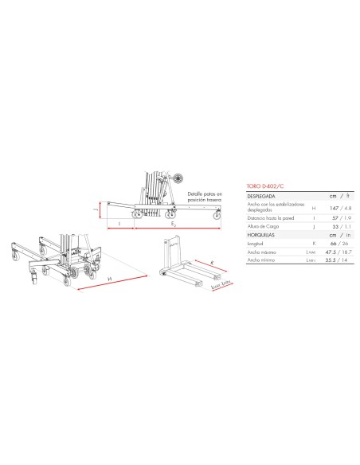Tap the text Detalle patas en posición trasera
206,197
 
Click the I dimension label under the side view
119,225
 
